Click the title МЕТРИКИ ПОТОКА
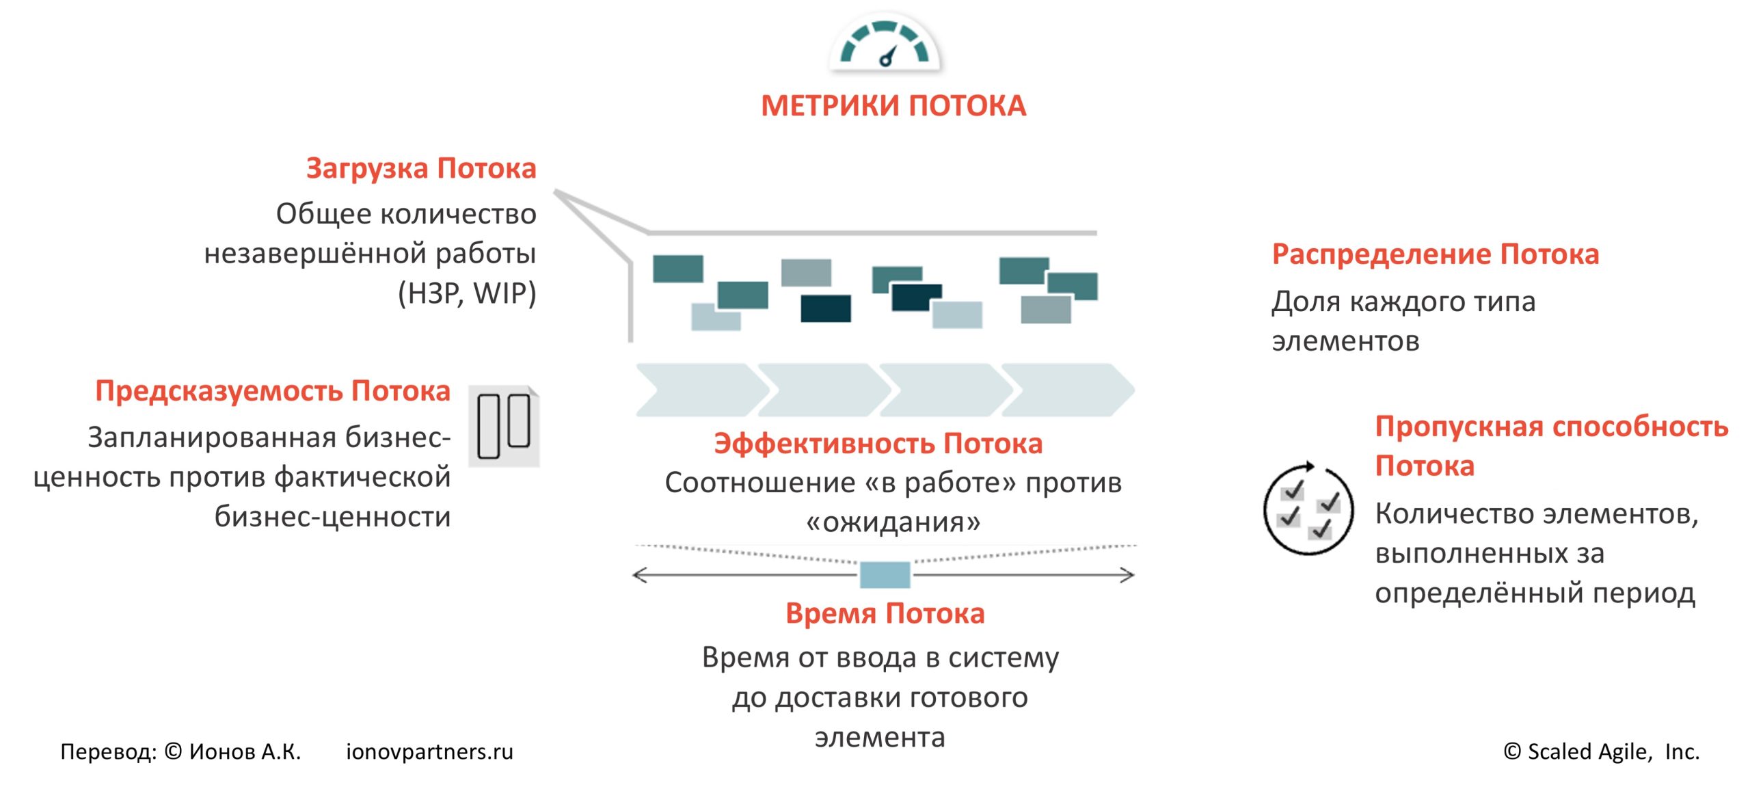click(x=893, y=106)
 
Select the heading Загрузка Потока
click(x=421, y=168)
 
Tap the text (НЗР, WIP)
click(x=467, y=293)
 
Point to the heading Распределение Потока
click(x=1435, y=254)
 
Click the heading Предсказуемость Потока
click(x=273, y=391)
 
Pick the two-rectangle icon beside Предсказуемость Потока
click(x=504, y=426)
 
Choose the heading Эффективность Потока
click(x=878, y=444)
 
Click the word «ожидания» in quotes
click(x=893, y=522)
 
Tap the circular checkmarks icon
click(x=1308, y=509)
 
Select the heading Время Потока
click(x=885, y=613)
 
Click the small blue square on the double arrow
click(x=885, y=575)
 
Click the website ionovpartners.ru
click(x=429, y=751)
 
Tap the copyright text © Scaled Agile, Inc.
click(x=1601, y=751)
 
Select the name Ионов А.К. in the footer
click(x=245, y=751)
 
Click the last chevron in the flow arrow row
click(x=1066, y=390)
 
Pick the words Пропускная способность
click(x=1552, y=427)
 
